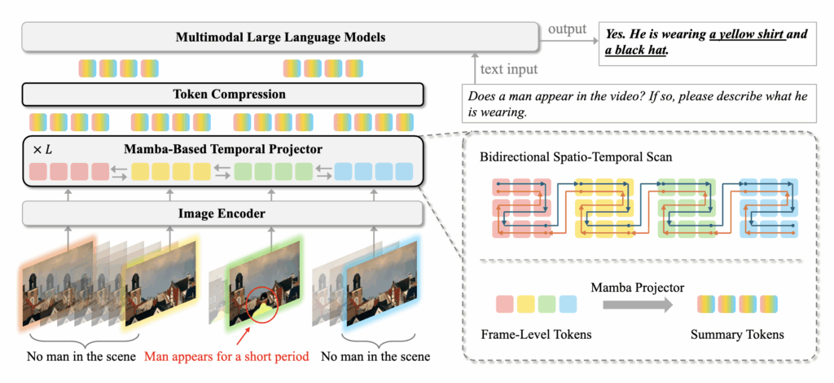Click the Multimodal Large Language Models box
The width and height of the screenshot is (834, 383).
point(280,37)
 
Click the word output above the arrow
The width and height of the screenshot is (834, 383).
point(567,29)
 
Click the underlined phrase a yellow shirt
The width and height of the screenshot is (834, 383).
point(747,35)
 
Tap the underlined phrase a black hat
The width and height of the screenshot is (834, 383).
point(636,51)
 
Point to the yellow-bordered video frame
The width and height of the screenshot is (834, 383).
point(160,281)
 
